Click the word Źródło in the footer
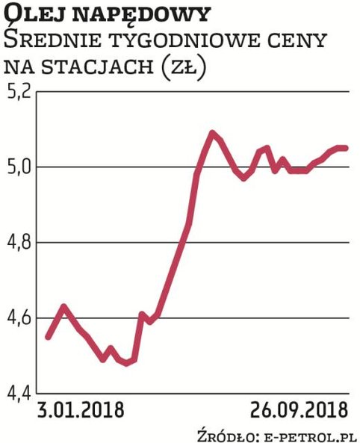pos(224,433)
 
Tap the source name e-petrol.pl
pos(308,433)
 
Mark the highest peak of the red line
pos(213,133)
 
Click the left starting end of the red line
pos(48,337)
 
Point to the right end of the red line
pos(346,148)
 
